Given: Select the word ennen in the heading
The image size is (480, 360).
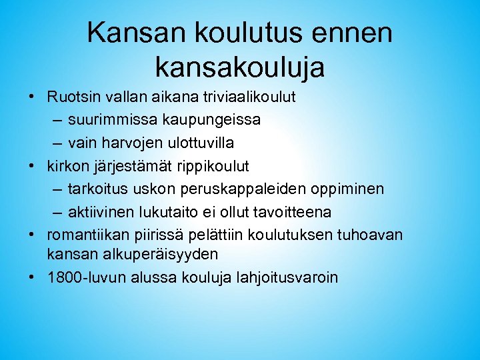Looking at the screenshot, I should pos(354,32).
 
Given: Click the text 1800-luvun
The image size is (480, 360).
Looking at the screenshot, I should pos(81,277).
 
